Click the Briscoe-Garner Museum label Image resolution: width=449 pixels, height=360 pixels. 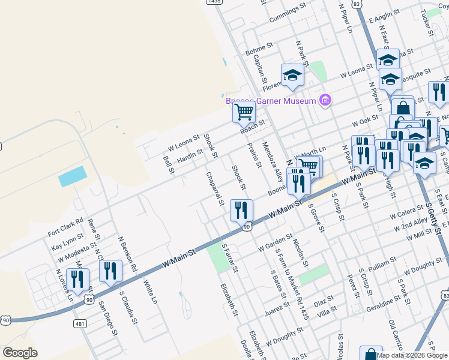pyautogui.click(x=271, y=101)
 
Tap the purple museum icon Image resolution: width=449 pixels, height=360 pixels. pyautogui.click(x=326, y=100)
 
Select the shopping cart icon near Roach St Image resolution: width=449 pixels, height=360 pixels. pyautogui.click(x=244, y=112)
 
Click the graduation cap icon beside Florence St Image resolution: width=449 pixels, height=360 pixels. pyautogui.click(x=292, y=75)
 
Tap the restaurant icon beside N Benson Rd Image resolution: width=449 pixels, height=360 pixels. pyautogui.click(x=110, y=271)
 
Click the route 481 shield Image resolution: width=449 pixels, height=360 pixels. pyautogui.click(x=80, y=323)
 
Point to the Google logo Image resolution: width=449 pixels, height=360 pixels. pyautogui.click(x=20, y=353)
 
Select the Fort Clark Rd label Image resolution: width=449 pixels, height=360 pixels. pyautogui.click(x=66, y=228)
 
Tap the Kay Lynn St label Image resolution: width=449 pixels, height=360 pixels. pyautogui.click(x=67, y=244)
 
